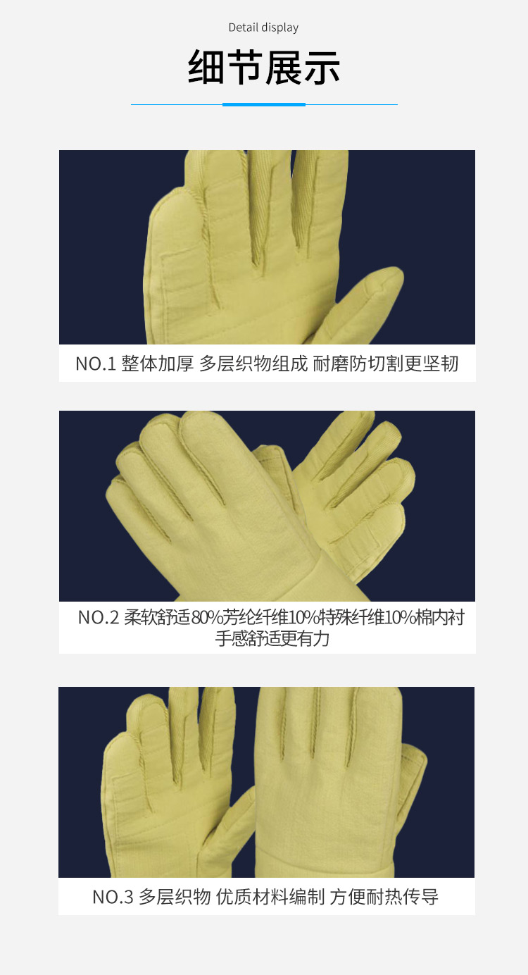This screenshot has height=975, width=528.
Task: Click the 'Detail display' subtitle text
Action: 263,28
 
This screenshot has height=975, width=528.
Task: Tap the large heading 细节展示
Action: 264,68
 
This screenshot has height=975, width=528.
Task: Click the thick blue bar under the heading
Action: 264,104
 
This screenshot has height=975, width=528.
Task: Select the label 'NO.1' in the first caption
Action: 96,364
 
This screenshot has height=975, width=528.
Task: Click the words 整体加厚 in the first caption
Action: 158,364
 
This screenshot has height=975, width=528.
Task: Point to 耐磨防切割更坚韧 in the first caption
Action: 385,364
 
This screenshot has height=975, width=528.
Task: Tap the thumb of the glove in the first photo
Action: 361,304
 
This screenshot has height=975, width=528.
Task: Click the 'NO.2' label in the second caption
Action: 99,618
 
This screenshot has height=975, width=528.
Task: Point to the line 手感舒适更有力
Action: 272,639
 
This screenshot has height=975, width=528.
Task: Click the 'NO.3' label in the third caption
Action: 113,898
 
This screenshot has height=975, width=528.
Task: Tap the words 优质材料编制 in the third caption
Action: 270,898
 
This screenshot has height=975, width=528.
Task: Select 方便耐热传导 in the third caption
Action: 384,898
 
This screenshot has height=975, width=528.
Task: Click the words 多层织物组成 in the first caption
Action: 253,364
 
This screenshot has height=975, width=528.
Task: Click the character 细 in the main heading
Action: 206,68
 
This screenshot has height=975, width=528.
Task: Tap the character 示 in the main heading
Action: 322,68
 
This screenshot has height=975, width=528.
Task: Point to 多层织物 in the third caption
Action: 175,898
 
